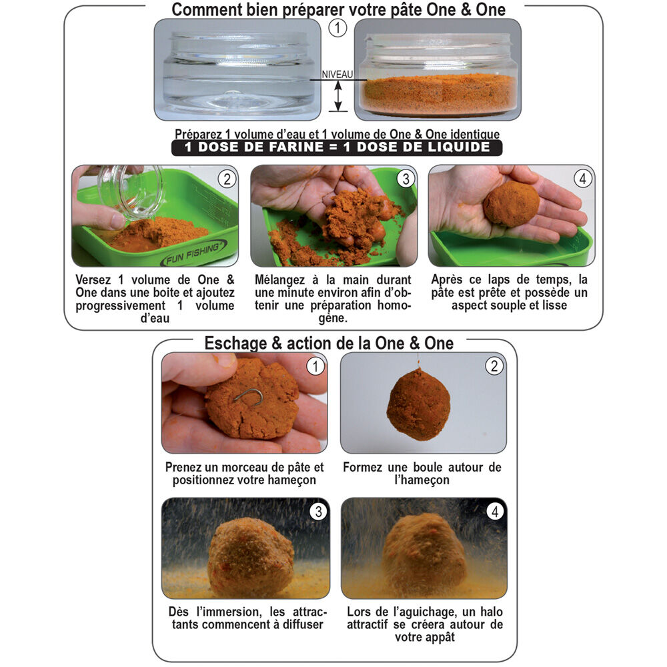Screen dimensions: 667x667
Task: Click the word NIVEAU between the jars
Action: point(338,75)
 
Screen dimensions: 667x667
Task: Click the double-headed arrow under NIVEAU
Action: point(338,96)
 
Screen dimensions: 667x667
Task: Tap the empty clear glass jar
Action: point(237,70)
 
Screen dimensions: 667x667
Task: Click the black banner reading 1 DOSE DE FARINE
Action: point(337,147)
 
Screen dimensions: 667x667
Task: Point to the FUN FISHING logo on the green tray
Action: point(194,253)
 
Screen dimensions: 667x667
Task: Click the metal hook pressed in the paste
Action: point(249,396)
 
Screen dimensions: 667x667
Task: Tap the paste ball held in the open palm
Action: point(512,203)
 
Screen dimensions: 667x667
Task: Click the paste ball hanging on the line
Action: point(419,404)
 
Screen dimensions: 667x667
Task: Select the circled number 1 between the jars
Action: point(338,29)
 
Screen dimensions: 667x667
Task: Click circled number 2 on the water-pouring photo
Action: point(227,179)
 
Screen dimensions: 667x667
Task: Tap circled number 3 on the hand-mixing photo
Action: point(406,179)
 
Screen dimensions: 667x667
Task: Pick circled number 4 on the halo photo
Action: point(495,512)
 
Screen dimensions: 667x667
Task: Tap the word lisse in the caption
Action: point(554,305)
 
